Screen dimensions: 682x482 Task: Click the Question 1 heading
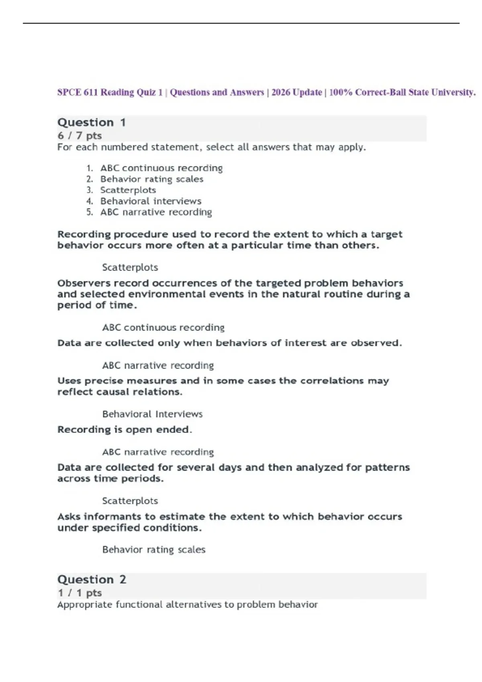92,122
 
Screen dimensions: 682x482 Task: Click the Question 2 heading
92,580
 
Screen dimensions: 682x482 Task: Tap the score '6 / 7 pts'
80,136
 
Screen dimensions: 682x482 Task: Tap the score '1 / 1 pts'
80,593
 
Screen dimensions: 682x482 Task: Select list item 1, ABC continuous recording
161,168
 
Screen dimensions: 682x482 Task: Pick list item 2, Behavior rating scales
152,179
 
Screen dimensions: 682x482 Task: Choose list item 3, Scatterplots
128,190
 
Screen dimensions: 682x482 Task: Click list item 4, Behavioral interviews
151,201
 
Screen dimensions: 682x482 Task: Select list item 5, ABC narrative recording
156,212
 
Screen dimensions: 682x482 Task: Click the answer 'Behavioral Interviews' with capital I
152,414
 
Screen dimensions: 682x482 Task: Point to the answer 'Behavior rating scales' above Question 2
153,550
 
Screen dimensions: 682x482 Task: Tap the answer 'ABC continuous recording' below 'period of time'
163,327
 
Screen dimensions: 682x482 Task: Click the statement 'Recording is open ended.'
125,430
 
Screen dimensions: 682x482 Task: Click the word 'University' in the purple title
453,92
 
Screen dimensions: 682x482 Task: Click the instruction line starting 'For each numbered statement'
211,147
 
